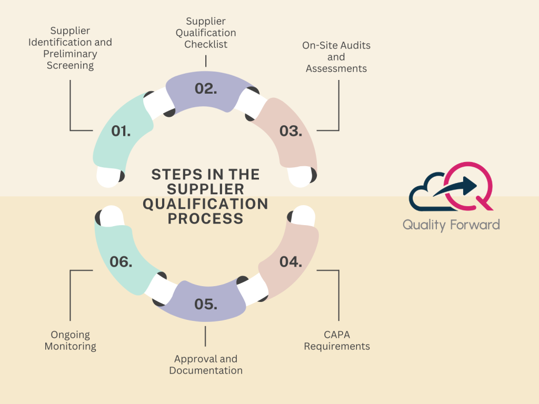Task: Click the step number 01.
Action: (x=121, y=131)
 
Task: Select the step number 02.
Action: (x=206, y=88)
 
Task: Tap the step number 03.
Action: (x=291, y=131)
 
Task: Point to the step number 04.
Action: (x=291, y=261)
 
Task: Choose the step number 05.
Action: (x=206, y=304)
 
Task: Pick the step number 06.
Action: (x=121, y=261)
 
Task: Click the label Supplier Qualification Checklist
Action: (x=206, y=33)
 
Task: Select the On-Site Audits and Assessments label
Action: (x=336, y=57)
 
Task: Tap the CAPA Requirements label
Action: (x=337, y=340)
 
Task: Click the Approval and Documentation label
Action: (x=206, y=365)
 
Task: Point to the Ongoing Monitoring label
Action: (x=71, y=340)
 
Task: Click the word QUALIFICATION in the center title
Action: (x=205, y=204)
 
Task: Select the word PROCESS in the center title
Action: (x=205, y=218)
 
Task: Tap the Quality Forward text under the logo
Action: (x=451, y=225)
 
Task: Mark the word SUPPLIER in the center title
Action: (x=205, y=189)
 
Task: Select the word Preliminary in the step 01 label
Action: (x=70, y=54)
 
